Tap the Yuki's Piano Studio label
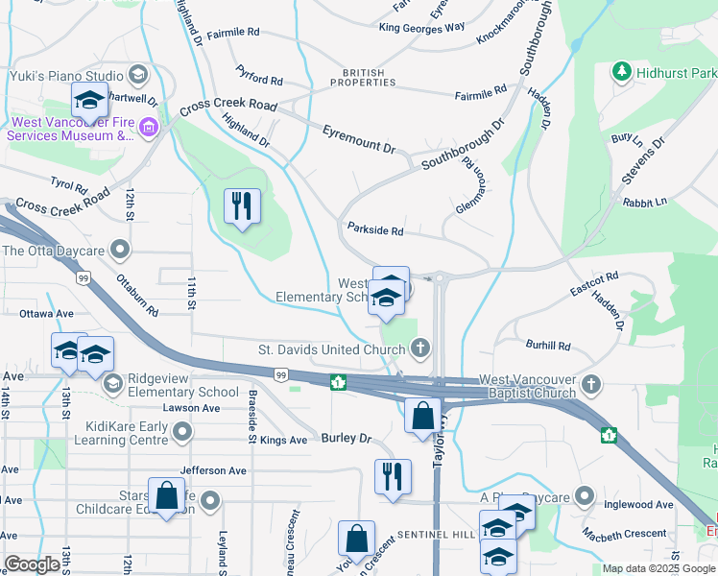[65, 75]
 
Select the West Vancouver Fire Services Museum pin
[148, 128]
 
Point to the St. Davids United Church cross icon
[419, 348]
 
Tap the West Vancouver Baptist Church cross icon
[591, 385]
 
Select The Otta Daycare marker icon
[119, 251]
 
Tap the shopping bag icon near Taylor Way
[422, 416]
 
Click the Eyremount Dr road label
[359, 139]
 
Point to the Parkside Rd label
[375, 230]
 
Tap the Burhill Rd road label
[547, 346]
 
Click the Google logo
[32, 564]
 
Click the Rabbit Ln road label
[644, 204]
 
